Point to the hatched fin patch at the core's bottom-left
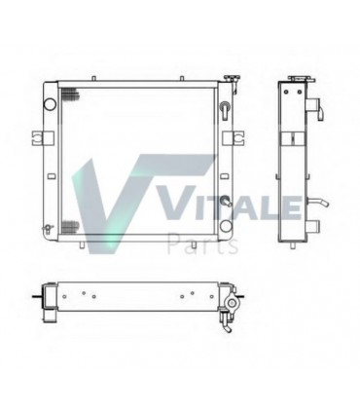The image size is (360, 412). (71, 228)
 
